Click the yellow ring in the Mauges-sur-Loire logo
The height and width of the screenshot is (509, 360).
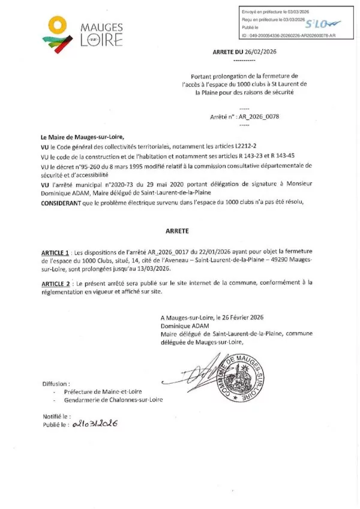click(56, 26)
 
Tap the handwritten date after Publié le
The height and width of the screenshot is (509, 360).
click(95, 423)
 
